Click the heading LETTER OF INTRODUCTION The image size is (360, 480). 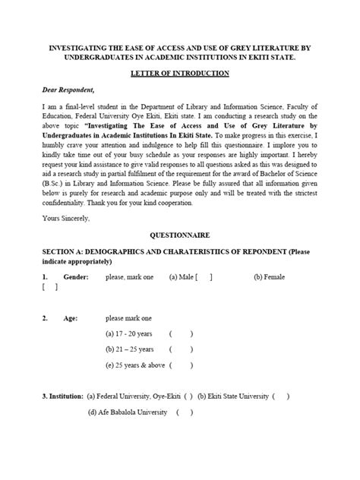(180, 73)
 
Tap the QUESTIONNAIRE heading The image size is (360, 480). (180, 236)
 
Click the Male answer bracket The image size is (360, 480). (204, 277)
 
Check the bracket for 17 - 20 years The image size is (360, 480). (181, 333)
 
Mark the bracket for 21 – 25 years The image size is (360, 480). (181, 349)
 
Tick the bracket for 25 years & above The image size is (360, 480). (181, 365)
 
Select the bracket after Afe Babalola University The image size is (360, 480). (184, 413)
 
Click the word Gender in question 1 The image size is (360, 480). (76, 277)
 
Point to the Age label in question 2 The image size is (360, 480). (70, 317)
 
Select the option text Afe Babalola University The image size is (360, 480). (131, 413)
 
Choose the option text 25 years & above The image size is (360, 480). (134, 365)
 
